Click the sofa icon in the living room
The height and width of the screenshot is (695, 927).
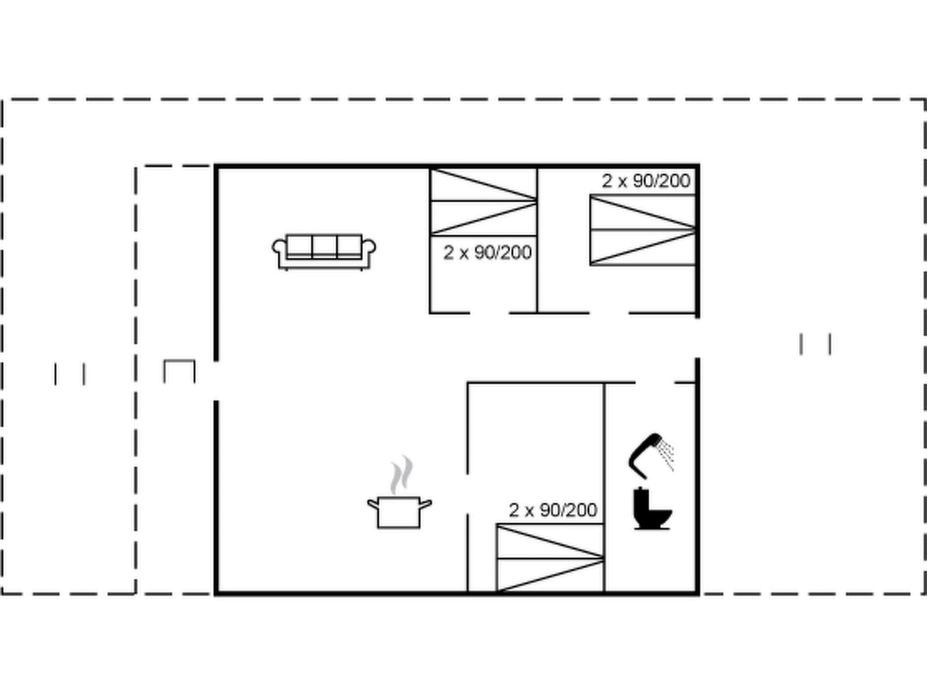(x=324, y=252)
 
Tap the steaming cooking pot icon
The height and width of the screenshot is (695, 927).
(x=399, y=511)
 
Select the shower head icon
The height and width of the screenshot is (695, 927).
(x=649, y=455)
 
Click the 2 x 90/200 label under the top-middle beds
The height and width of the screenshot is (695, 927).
(x=487, y=252)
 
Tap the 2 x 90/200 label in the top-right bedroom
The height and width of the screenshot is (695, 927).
(x=645, y=181)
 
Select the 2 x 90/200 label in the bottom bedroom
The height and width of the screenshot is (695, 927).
(x=553, y=510)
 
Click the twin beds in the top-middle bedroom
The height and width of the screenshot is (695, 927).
(x=483, y=202)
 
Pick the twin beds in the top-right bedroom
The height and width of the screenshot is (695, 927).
(x=643, y=230)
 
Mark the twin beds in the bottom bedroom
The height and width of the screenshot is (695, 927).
(x=550, y=558)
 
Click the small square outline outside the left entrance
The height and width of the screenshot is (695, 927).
(x=179, y=371)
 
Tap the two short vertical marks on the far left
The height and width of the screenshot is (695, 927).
(x=70, y=374)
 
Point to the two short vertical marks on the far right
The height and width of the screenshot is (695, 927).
(x=815, y=344)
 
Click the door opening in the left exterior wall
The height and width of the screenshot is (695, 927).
(x=216, y=381)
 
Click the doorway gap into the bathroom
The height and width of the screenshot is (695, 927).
(x=655, y=383)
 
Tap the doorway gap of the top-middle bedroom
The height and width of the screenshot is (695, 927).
(x=489, y=313)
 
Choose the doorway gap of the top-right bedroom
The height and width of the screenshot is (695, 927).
(x=608, y=313)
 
